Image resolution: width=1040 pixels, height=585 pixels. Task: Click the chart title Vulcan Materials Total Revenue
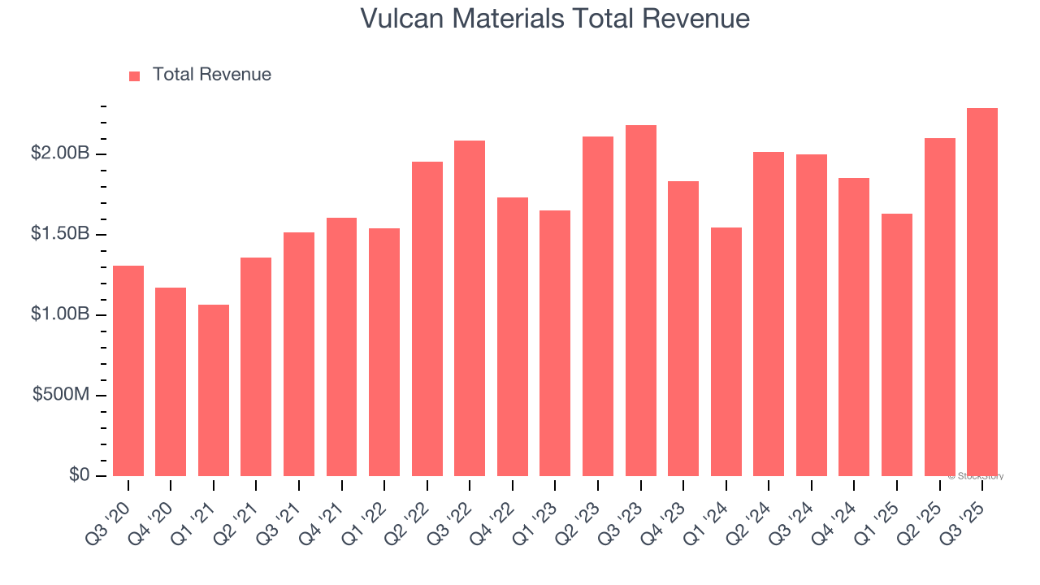[555, 19]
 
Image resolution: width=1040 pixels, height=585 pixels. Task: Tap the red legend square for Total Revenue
[135, 76]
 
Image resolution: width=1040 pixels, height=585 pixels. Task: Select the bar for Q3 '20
[128, 370]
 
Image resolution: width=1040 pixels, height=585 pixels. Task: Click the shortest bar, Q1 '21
[214, 390]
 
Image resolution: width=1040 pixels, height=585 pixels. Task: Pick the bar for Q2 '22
[427, 318]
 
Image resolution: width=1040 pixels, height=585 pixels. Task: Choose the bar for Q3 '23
[641, 301]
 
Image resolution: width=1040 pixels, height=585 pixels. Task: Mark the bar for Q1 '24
[726, 352]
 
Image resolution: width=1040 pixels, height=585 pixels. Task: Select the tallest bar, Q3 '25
[982, 292]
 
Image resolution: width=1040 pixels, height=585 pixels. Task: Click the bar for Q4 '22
[513, 336]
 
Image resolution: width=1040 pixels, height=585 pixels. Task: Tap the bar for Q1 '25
[897, 344]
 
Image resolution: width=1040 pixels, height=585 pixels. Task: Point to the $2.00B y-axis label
[59, 154]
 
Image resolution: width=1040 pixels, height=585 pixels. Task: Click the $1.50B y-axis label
[59, 234]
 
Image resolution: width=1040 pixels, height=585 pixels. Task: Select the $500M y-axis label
[61, 395]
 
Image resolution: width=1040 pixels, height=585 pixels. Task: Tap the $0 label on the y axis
[78, 475]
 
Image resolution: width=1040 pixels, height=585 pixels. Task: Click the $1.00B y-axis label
[59, 314]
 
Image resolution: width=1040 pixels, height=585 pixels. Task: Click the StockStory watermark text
[976, 476]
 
